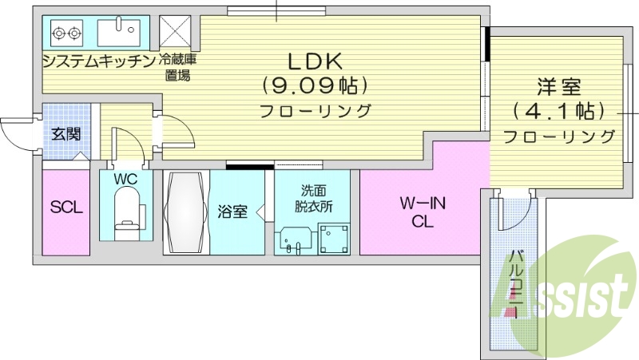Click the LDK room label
tap(314, 61)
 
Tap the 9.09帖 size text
tap(314, 85)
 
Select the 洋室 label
tap(558, 86)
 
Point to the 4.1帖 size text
tap(558, 109)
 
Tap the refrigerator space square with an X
tap(174, 32)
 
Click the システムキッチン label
tap(98, 61)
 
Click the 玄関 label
tap(65, 133)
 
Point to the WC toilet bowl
tap(126, 214)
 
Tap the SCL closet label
tap(66, 208)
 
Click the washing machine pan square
tap(331, 237)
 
